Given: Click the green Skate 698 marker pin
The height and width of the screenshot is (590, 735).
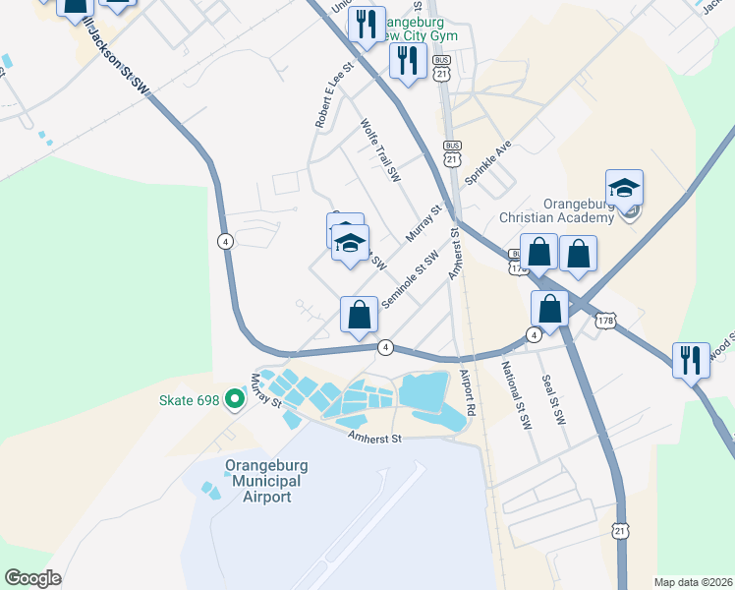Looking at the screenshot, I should [x=234, y=399].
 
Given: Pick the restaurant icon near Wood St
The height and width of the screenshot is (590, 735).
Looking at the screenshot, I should [x=691, y=359].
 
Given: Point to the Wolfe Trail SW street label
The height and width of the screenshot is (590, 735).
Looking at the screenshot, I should [x=381, y=151].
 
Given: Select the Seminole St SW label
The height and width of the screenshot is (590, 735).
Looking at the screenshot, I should [x=410, y=277].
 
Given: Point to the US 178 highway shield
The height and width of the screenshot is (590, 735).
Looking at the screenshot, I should [x=605, y=322].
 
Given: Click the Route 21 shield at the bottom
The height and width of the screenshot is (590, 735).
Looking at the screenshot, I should [x=619, y=529].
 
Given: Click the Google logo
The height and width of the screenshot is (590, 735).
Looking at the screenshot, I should [x=32, y=578].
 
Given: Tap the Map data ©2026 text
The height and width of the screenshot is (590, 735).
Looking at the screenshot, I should [x=693, y=582].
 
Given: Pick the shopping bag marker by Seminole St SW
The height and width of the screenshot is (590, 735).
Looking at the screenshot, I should [x=360, y=316].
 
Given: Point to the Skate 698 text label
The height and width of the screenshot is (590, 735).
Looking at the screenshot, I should [x=190, y=399].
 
